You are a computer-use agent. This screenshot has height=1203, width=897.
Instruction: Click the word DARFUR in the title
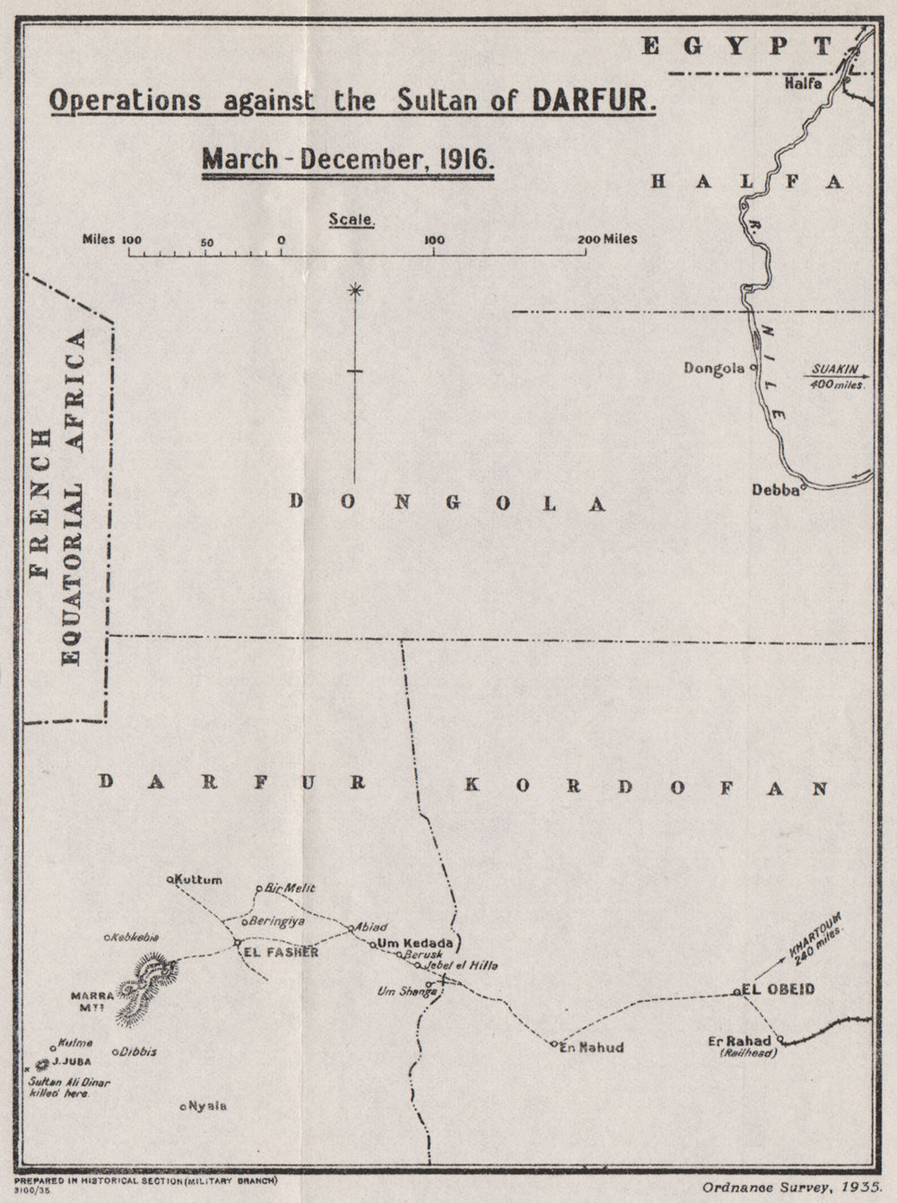[594, 99]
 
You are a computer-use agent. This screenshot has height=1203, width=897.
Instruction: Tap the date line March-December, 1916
[349, 160]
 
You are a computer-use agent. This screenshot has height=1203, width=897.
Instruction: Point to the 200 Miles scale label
[607, 240]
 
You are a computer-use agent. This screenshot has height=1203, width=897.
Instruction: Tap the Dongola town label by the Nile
[714, 368]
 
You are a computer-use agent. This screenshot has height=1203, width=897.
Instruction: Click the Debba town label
[776, 490]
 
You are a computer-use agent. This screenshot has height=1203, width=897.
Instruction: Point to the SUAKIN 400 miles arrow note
[835, 376]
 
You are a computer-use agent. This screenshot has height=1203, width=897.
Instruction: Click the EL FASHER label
[280, 953]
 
